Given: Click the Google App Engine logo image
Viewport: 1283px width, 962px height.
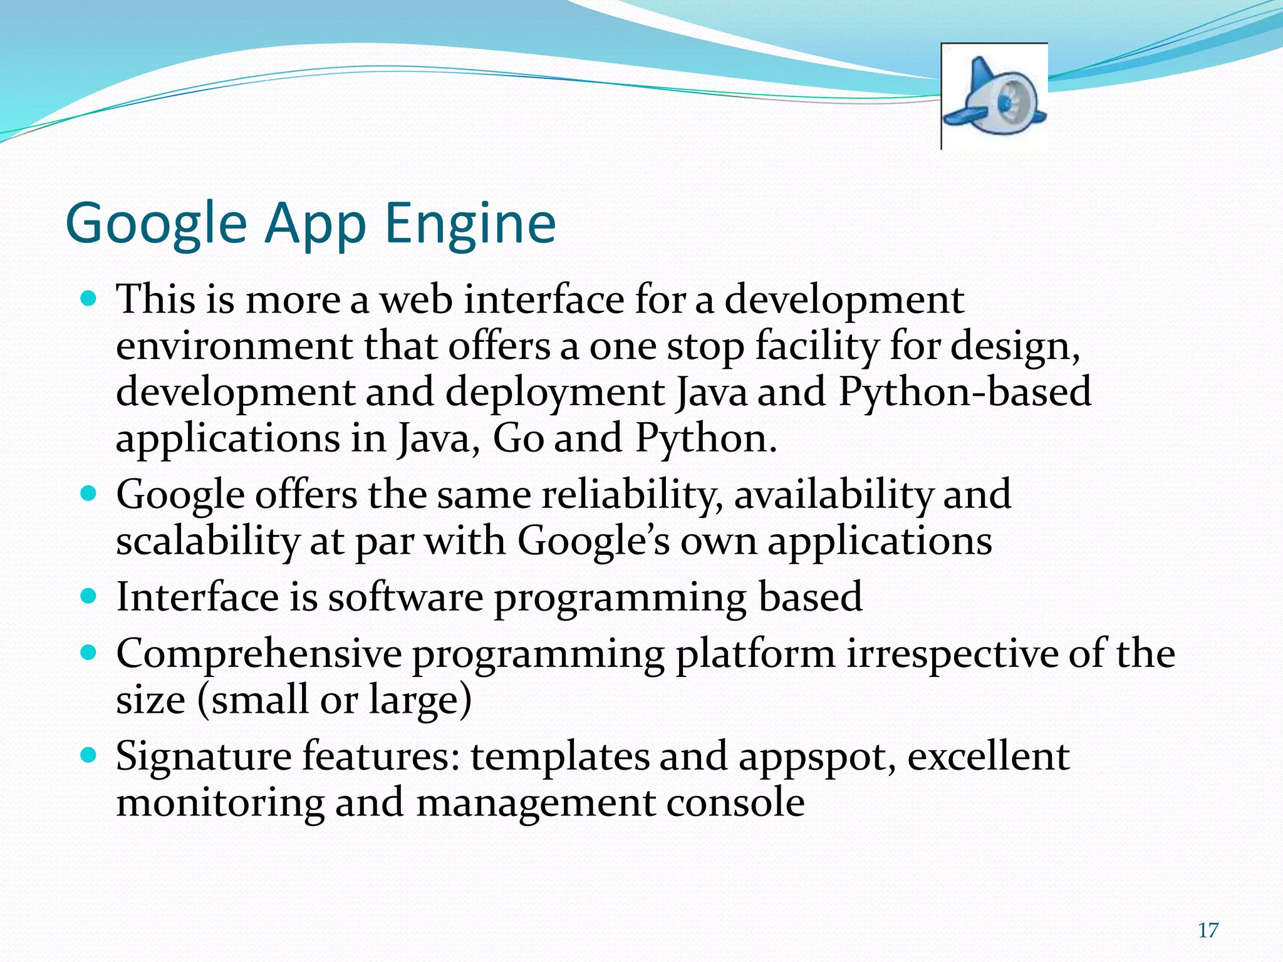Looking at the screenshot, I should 994,96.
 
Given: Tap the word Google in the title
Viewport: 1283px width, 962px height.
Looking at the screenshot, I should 157,224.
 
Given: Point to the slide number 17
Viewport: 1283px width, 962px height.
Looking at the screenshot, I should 1208,931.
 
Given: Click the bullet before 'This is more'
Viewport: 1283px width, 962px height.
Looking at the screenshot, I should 88,297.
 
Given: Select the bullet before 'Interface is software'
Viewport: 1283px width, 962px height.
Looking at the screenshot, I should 88,595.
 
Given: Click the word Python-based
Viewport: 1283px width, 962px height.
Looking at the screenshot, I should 965,393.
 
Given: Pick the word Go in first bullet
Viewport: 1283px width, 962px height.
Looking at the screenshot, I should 518,438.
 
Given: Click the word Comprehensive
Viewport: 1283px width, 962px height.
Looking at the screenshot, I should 258,654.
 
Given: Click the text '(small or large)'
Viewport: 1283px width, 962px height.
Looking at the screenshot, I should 334,700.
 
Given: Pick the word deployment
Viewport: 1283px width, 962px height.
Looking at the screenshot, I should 555,393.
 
